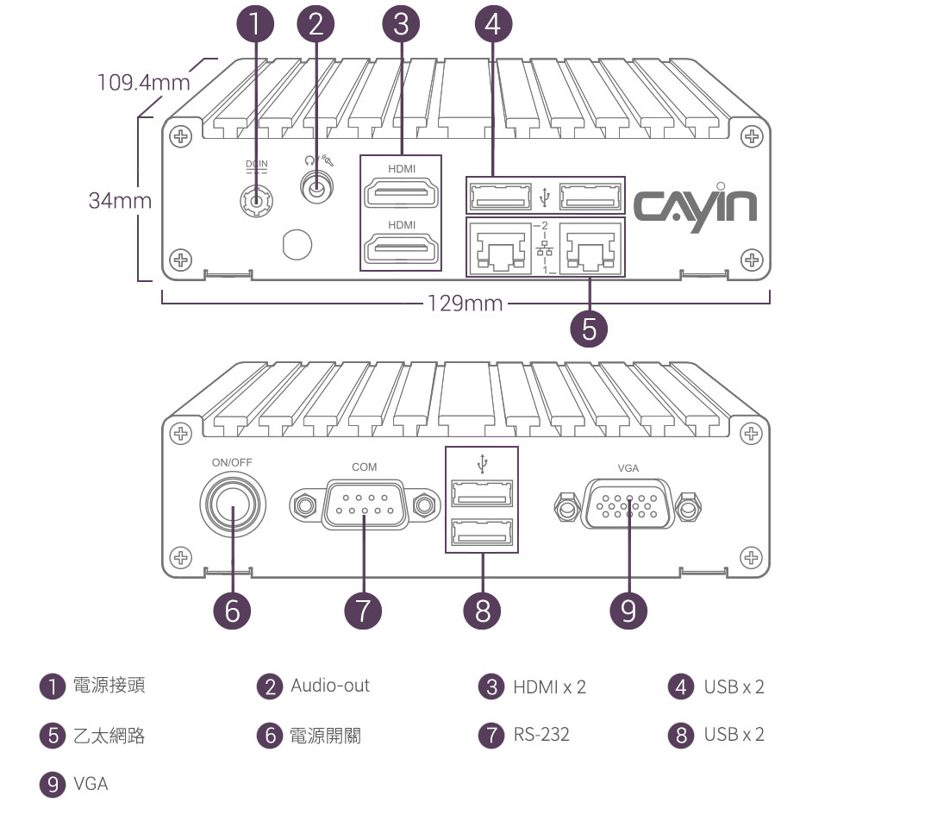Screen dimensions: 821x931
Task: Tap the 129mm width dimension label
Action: coord(465,304)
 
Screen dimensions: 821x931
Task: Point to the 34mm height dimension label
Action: coord(120,201)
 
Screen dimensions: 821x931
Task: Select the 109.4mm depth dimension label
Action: coord(144,83)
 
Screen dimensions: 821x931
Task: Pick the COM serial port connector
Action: coord(364,506)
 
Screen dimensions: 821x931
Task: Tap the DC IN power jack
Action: coord(256,201)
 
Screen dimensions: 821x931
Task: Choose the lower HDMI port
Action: coord(401,251)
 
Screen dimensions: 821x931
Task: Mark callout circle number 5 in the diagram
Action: coord(590,329)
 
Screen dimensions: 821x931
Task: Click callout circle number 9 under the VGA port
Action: coord(628,610)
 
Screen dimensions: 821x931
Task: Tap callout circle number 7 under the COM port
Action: coord(363,610)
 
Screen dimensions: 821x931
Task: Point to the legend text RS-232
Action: coord(541,735)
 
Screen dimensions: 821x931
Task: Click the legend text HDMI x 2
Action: coord(549,686)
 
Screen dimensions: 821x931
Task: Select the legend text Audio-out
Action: coord(329,686)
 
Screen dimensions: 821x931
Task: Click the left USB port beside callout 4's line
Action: coord(501,197)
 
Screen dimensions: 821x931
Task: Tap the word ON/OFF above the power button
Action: coord(232,462)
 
